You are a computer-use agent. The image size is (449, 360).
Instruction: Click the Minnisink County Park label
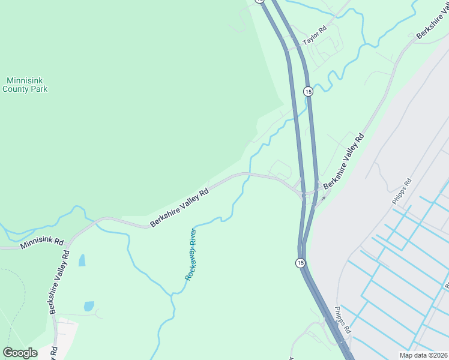point(25,85)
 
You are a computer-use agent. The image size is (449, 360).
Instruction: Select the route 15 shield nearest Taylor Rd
point(308,91)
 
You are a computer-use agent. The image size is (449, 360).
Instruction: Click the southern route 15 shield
point(300,263)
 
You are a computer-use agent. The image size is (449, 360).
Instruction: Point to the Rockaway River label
point(191,254)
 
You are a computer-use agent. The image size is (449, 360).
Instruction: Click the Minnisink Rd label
point(41,242)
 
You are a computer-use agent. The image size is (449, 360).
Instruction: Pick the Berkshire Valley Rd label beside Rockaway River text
point(179,208)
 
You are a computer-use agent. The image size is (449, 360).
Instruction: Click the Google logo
point(20,353)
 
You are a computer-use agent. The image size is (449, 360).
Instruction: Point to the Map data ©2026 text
point(423,355)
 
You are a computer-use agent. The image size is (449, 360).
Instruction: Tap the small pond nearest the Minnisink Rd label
point(82,260)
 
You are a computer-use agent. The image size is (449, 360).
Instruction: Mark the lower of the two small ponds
point(89,306)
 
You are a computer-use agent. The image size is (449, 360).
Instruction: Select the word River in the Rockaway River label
point(193,239)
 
